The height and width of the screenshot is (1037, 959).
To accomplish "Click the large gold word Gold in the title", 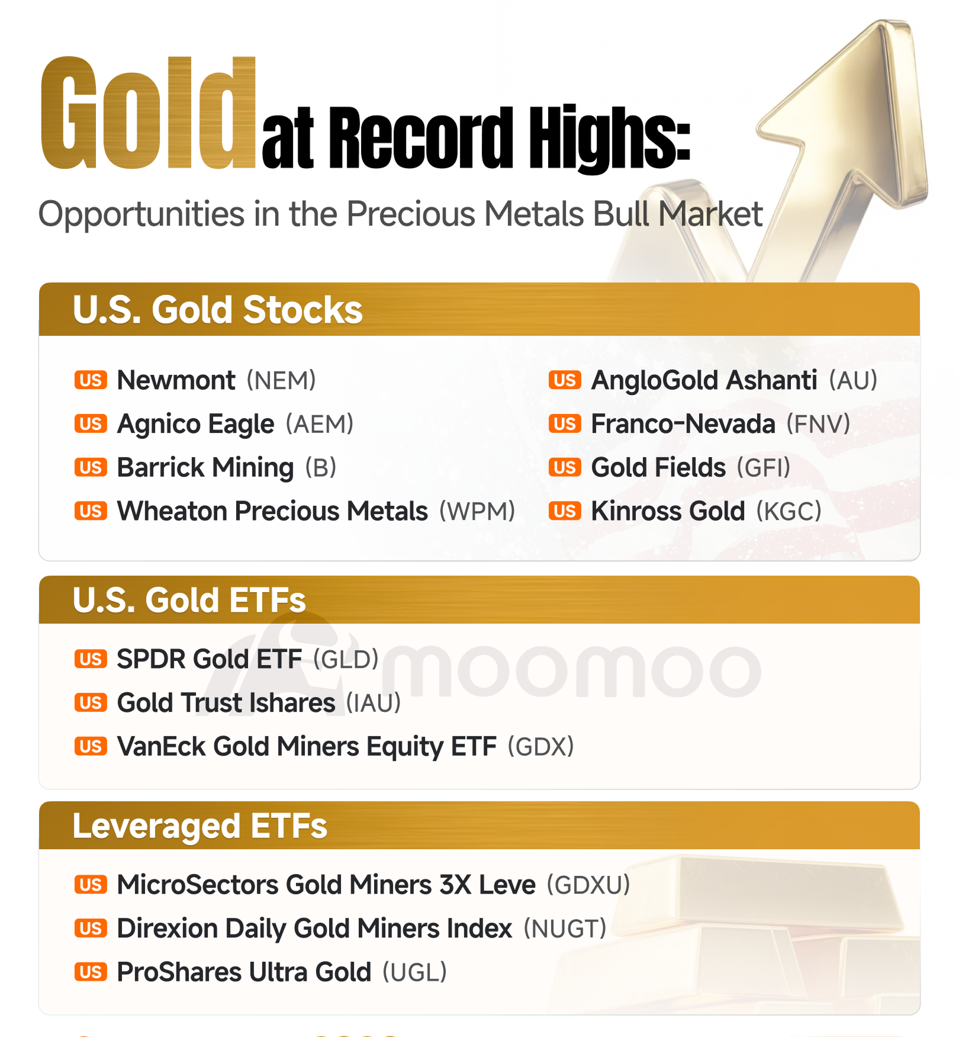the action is click(148, 113).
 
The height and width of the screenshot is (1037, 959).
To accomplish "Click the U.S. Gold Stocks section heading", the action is click(217, 310).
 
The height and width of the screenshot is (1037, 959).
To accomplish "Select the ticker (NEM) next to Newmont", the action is click(281, 380).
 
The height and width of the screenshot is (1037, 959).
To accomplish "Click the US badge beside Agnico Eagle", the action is click(91, 424).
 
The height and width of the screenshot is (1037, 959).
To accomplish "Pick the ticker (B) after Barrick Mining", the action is click(321, 467).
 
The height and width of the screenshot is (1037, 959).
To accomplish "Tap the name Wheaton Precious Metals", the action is click(272, 511).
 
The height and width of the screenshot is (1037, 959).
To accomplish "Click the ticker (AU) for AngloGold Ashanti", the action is click(853, 380).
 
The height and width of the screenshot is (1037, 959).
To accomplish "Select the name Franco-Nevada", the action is click(683, 424).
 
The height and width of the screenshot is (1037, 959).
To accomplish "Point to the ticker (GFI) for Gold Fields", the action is click(764, 467).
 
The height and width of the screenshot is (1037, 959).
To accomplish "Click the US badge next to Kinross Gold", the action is click(565, 511).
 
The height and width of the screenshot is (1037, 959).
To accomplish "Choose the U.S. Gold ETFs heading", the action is click(189, 600).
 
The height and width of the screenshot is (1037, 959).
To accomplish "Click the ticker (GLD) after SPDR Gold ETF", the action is click(346, 659).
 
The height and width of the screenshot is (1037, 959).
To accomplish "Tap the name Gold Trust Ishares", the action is click(226, 703).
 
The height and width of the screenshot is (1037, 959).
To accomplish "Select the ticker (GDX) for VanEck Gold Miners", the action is click(541, 746).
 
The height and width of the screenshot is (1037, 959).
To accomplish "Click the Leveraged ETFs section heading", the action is click(199, 826).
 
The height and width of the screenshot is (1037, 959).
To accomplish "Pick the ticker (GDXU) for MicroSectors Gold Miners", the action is click(588, 885).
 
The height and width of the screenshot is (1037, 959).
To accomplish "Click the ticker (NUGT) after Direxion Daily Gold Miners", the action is click(565, 929).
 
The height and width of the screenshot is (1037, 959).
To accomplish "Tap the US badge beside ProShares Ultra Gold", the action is click(91, 972).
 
